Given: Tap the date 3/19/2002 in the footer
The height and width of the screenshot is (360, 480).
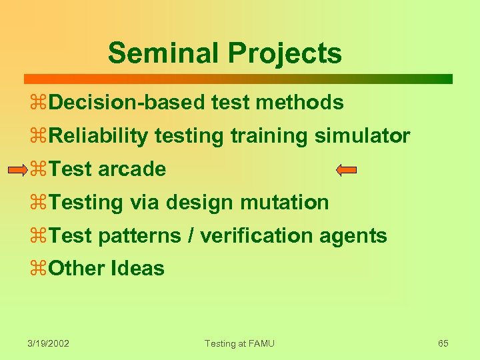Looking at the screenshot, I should [49, 343].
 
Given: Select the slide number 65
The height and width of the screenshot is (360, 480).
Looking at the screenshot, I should [443, 343].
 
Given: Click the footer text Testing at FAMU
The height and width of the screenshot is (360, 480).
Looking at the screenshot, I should [239, 343].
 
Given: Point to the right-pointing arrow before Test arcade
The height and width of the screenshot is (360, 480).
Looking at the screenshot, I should [18, 170].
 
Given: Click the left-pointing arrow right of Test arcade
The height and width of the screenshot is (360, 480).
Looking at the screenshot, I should [347, 170].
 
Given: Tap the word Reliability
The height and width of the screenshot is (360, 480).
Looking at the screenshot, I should [98, 136].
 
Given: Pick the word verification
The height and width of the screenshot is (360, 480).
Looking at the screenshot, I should [255, 235].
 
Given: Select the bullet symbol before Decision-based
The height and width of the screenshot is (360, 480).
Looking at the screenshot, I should [38, 103].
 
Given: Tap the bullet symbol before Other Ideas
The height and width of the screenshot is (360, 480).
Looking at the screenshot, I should [38, 269].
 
